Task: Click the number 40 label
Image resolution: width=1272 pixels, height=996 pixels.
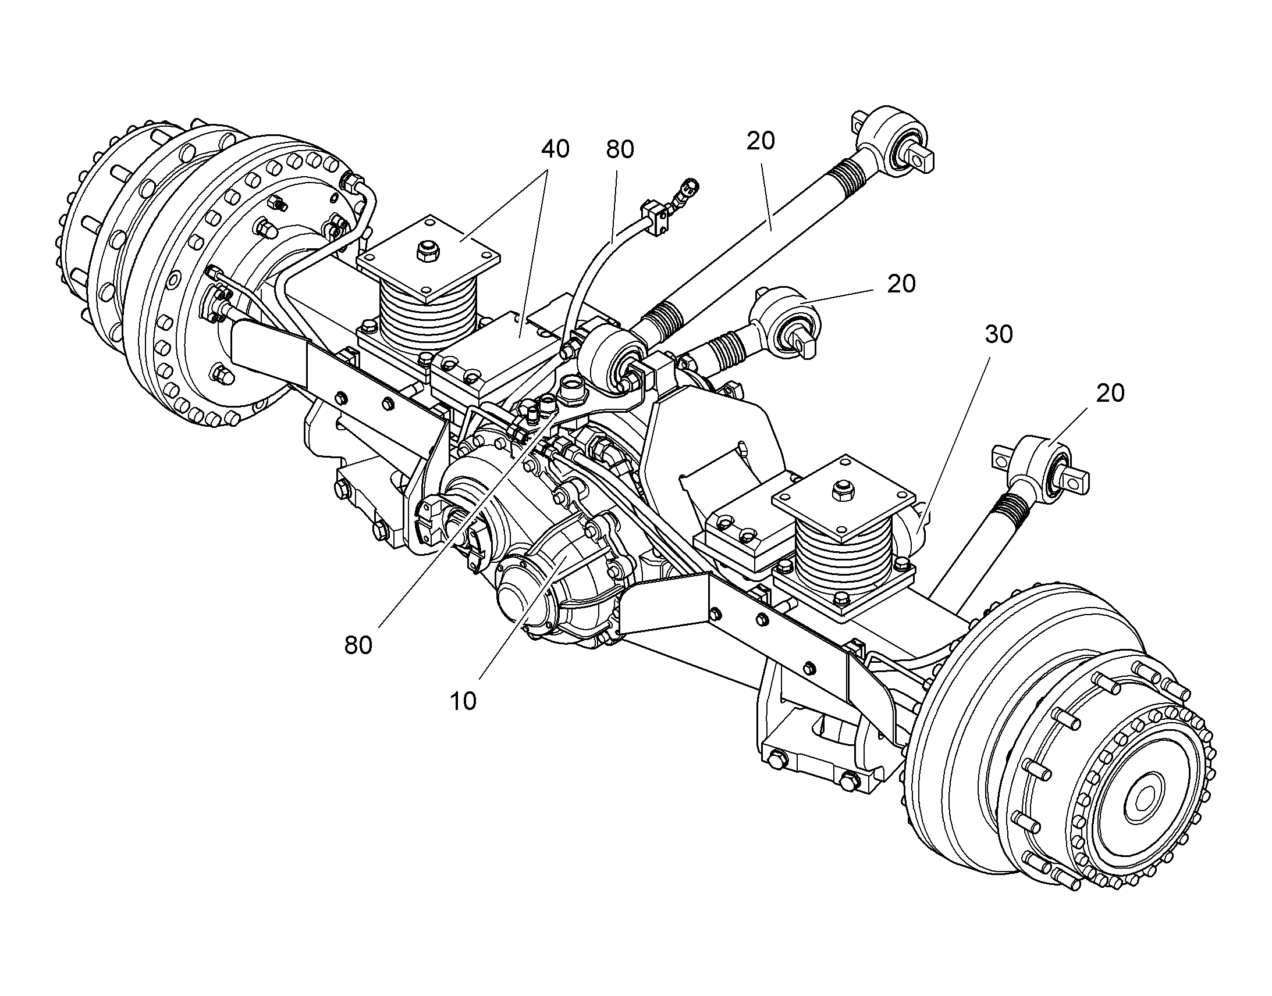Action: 555,149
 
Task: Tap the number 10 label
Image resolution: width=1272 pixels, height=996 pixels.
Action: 463,702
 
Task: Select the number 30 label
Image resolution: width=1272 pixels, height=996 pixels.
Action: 999,335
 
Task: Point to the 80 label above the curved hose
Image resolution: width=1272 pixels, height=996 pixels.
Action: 620,150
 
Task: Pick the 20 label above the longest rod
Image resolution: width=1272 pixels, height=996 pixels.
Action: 761,141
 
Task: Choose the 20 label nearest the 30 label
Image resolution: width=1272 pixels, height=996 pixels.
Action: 1110,394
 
